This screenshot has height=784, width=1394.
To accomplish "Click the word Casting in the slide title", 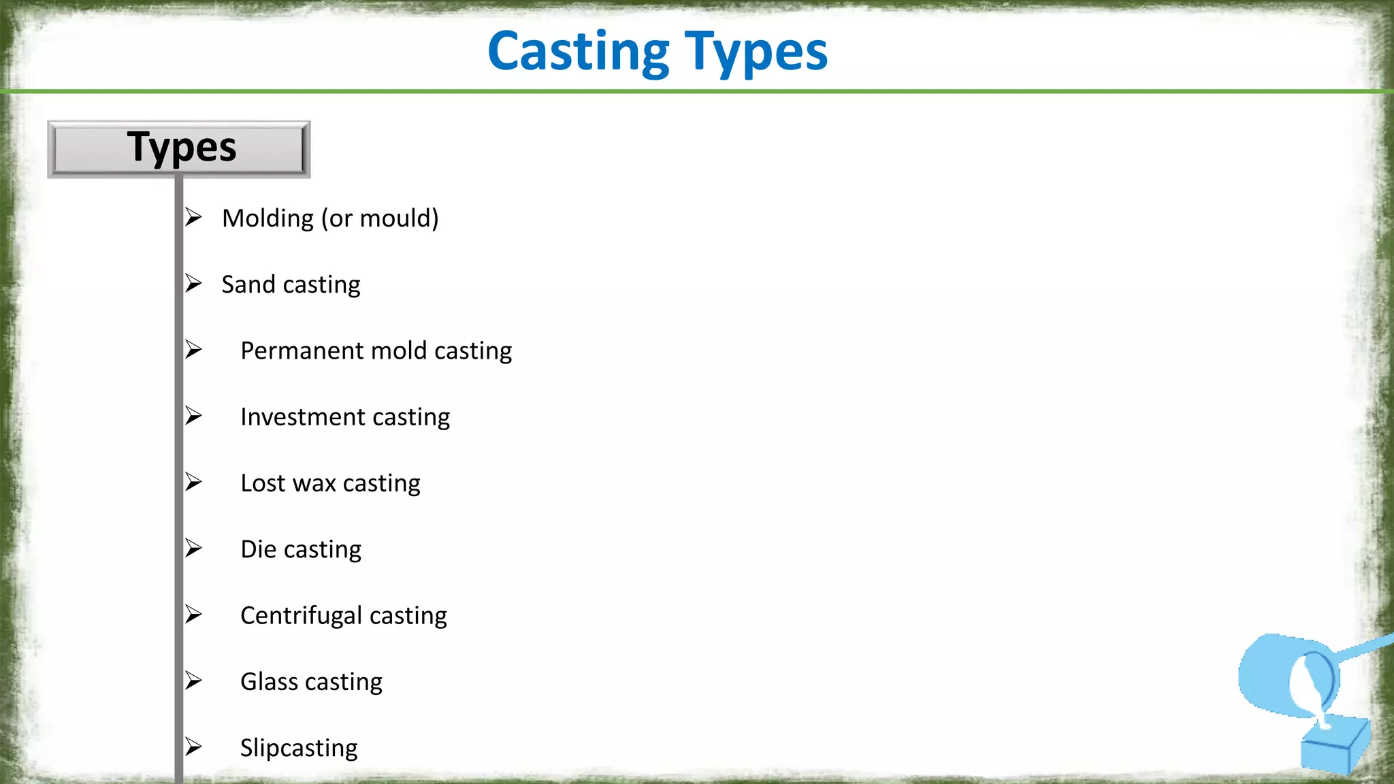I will click(579, 52).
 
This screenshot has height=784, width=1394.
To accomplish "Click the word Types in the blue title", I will click(756, 52).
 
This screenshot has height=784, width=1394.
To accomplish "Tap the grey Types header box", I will click(179, 149).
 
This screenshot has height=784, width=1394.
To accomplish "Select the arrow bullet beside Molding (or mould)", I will click(194, 217).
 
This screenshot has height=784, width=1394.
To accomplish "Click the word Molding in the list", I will click(268, 218).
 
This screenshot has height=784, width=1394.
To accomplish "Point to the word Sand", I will click(248, 284).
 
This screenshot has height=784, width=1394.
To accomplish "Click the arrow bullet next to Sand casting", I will click(194, 283).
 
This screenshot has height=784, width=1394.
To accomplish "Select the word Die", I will click(258, 549).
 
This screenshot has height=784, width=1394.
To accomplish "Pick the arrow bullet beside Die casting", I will click(194, 548).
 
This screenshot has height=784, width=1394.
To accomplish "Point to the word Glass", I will click(269, 681).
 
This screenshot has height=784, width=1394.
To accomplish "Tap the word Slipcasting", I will click(299, 748).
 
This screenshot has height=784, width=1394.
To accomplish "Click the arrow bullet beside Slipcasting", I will click(194, 747).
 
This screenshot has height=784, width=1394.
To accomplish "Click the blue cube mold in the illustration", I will click(1335, 745).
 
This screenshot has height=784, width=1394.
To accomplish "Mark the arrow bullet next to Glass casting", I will click(194, 681).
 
